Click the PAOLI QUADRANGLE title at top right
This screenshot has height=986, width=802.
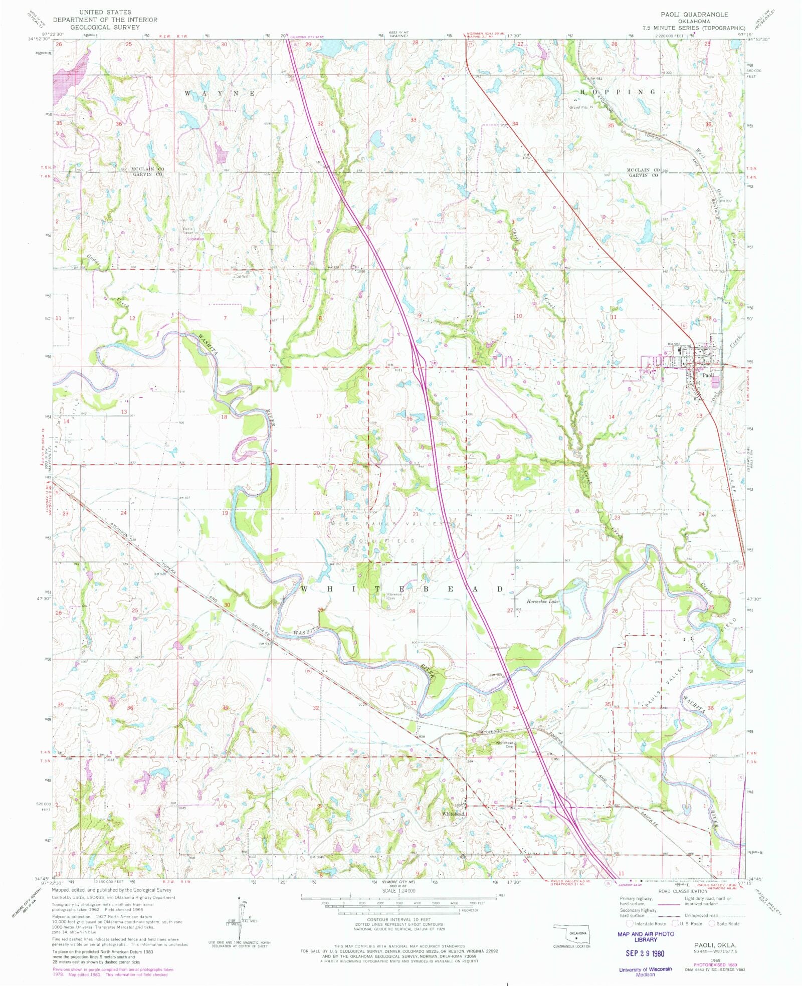coord(694,15)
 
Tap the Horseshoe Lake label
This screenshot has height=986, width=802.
coord(542,601)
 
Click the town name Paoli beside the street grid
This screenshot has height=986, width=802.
coord(708,375)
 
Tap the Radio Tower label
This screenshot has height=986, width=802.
coord(188,231)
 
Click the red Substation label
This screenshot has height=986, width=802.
coord(195,239)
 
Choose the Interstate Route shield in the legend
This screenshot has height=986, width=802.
coord(630,923)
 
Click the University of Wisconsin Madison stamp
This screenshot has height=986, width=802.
coord(645,971)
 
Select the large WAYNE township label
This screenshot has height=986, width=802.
coord(220,94)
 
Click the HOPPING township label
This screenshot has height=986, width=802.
coord(618,92)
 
